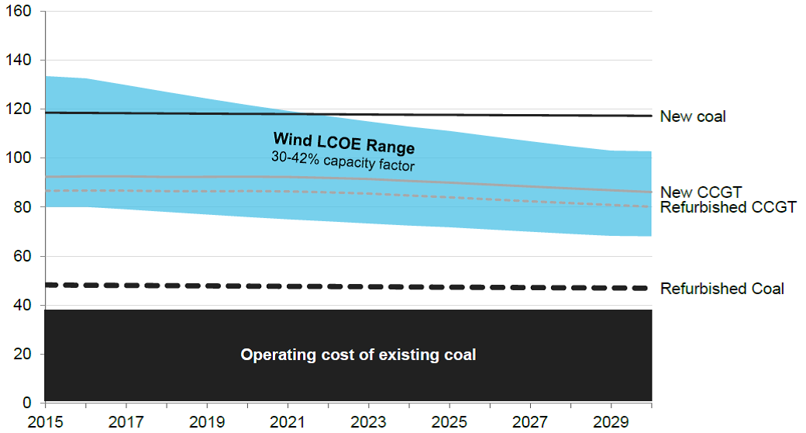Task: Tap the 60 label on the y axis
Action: (25, 256)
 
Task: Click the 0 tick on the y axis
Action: (29, 403)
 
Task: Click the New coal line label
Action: (693, 116)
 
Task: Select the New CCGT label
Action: (701, 192)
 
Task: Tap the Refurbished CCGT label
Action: (728, 207)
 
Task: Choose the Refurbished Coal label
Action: (722, 289)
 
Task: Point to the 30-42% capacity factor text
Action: (344, 165)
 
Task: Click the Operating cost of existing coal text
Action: (358, 355)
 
